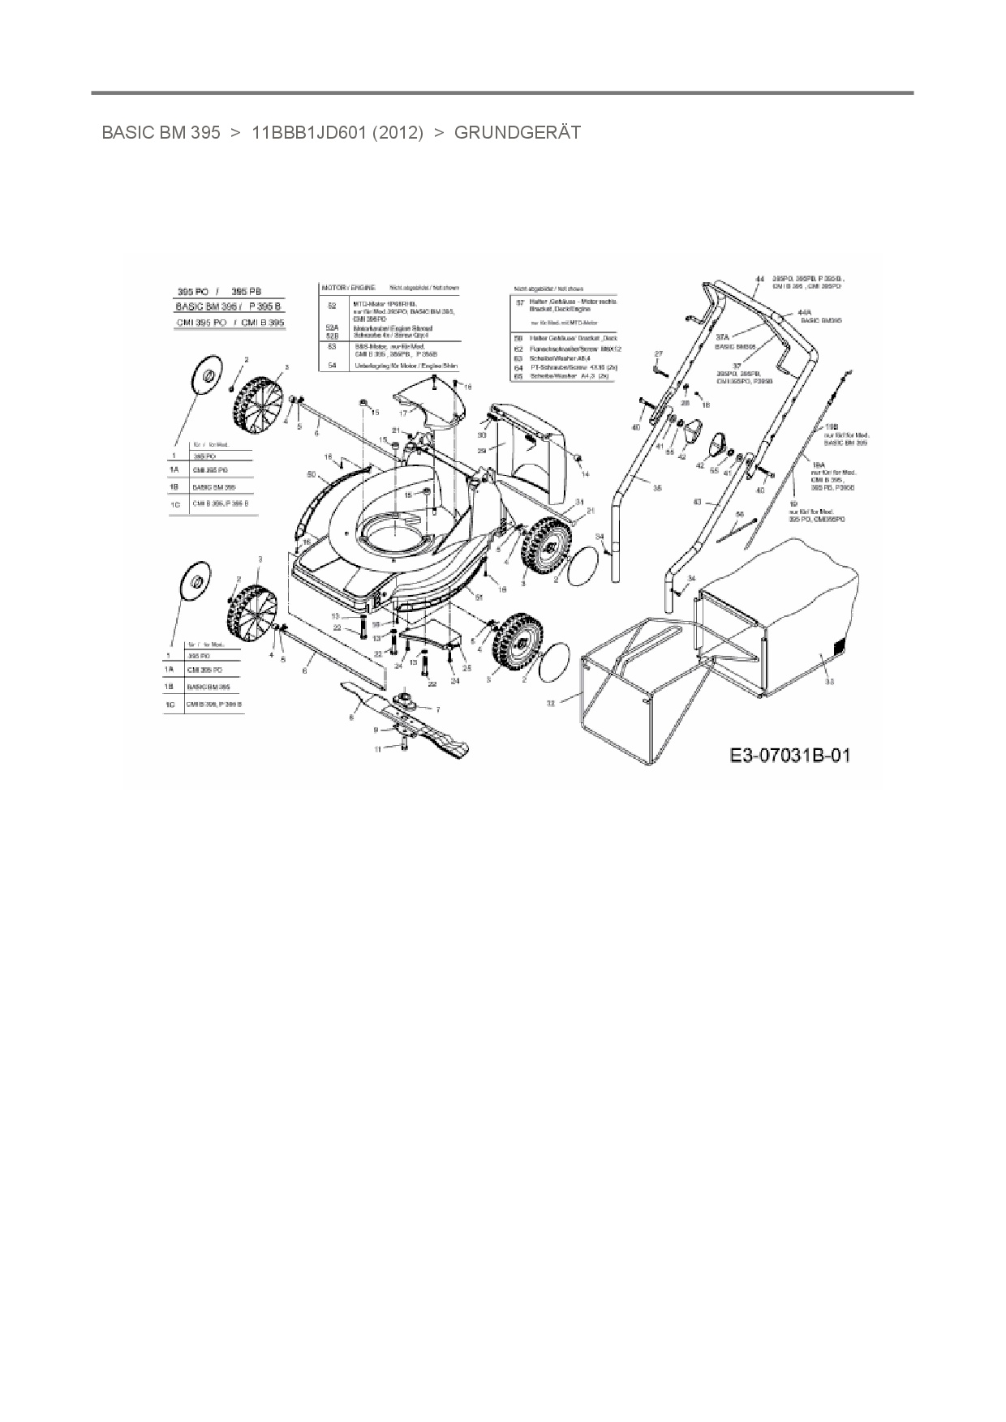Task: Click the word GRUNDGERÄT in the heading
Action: (x=517, y=132)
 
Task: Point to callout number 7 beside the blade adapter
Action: (x=438, y=709)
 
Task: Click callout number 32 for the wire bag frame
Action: (x=551, y=704)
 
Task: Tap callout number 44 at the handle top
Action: (x=759, y=279)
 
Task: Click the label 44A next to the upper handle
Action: (x=805, y=312)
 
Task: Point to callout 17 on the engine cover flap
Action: (x=402, y=413)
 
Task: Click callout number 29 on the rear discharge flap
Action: (x=481, y=451)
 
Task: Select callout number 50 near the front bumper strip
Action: (x=311, y=474)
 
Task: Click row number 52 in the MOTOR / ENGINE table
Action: (x=332, y=306)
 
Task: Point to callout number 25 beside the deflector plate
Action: (x=467, y=667)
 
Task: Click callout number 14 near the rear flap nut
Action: (x=585, y=473)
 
